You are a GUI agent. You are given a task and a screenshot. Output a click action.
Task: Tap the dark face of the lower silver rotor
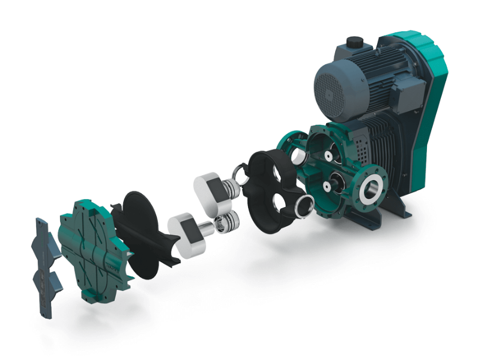tap(184, 232)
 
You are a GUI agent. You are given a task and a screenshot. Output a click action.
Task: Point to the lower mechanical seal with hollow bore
tap(229, 223)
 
